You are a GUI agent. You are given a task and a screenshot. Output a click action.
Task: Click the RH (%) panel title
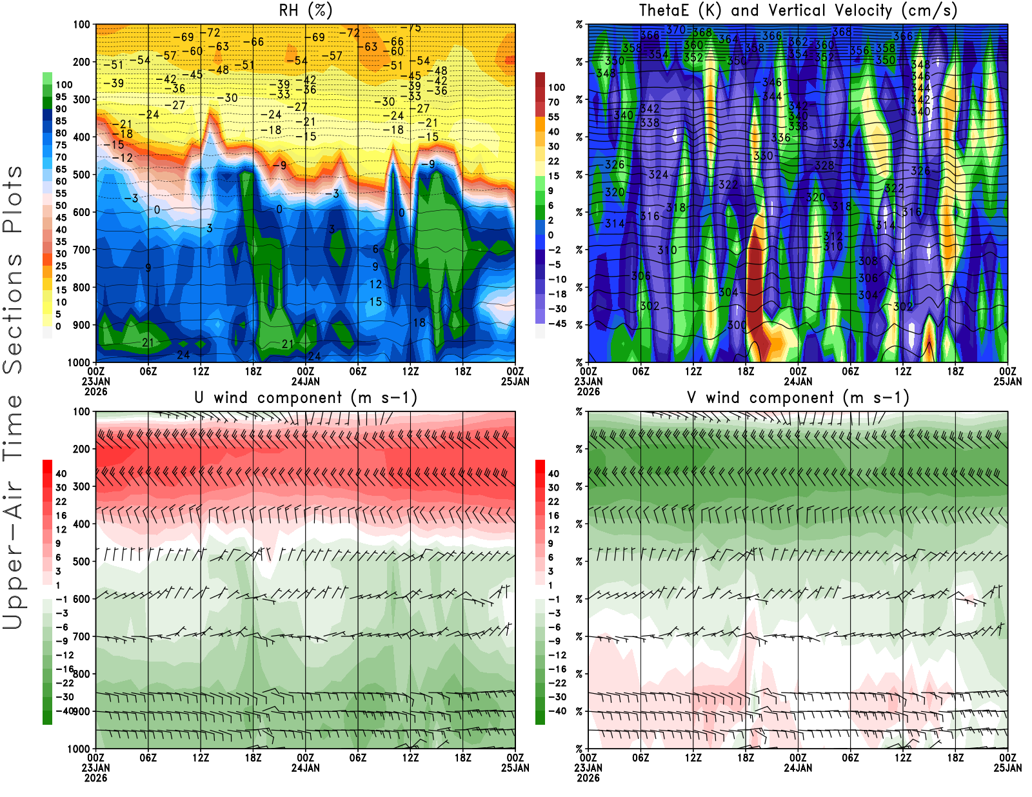click(305, 10)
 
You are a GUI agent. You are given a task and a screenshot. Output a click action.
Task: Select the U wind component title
click(306, 397)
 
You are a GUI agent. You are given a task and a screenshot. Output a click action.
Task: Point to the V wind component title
click(798, 397)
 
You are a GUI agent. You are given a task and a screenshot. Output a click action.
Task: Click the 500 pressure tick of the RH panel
click(81, 175)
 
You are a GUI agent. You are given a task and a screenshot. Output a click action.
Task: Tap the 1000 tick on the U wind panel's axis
click(79, 749)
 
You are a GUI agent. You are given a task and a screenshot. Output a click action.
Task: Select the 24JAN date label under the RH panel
click(305, 381)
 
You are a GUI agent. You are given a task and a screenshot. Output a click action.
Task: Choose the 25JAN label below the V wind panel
click(1007, 767)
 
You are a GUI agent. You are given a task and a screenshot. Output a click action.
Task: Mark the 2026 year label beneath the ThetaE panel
click(588, 391)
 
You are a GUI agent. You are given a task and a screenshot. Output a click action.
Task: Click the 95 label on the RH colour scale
click(61, 97)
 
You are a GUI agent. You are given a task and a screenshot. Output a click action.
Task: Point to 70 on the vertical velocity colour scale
click(553, 102)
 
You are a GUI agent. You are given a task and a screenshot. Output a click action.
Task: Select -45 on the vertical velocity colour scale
click(557, 324)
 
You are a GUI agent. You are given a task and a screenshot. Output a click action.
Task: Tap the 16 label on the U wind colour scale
click(61, 515)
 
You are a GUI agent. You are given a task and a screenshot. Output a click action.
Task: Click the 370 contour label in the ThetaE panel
click(675, 30)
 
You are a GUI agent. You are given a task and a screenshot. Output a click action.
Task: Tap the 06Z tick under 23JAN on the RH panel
click(148, 371)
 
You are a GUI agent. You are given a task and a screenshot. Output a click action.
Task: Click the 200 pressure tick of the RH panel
click(81, 62)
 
